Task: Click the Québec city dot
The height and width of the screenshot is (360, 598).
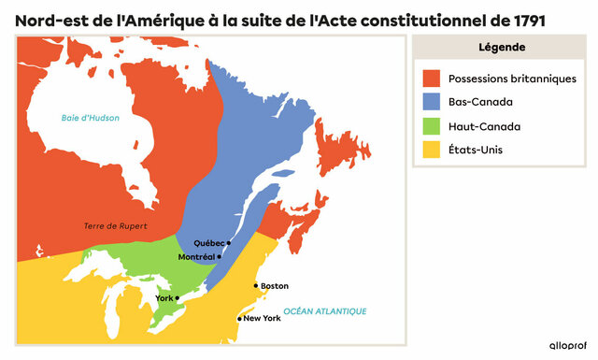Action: click(229, 243)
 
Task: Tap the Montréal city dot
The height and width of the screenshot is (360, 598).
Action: click(219, 256)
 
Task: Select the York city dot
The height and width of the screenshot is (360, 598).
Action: click(178, 298)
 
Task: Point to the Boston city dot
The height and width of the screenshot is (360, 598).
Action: click(255, 286)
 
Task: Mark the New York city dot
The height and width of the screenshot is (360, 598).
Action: click(239, 319)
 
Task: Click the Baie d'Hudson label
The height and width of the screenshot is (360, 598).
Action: click(91, 118)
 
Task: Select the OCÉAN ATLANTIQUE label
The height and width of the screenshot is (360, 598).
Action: click(325, 310)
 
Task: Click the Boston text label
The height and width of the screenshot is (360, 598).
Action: click(275, 286)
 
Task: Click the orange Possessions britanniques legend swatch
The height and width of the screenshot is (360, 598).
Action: click(432, 79)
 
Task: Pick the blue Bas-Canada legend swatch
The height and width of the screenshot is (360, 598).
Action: click(432, 103)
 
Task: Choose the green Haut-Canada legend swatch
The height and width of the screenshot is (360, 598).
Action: click(432, 126)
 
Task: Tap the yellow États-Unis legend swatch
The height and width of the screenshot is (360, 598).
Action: click(432, 150)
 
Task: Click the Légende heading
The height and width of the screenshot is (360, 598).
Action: click(500, 48)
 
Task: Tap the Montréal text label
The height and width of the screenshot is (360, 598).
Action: click(196, 256)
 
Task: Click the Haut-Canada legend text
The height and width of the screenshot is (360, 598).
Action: click(484, 126)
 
